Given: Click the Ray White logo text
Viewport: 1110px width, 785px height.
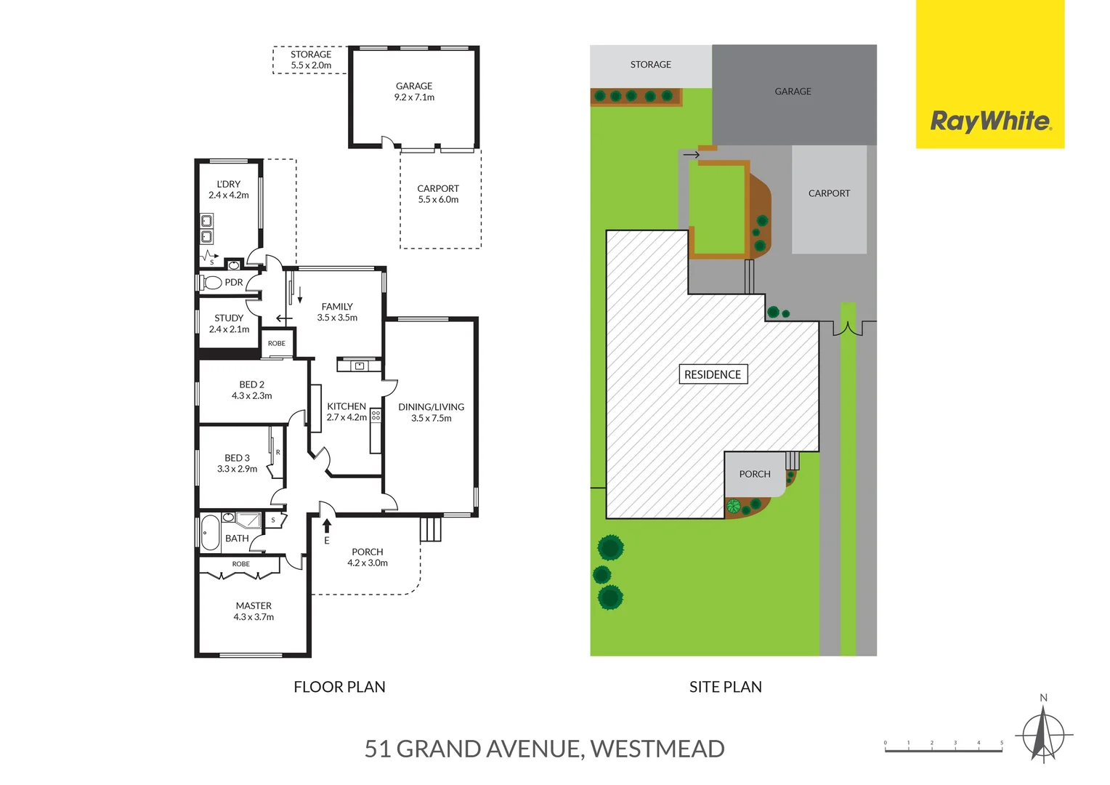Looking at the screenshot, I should (990, 121).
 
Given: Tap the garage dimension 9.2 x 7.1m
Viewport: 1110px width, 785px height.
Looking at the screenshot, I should (414, 97).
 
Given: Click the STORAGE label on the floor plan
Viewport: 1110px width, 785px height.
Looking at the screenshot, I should (311, 55).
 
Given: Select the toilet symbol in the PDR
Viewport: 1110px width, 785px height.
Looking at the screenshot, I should (212, 282).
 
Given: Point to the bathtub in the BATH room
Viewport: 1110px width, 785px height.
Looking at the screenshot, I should (210, 533).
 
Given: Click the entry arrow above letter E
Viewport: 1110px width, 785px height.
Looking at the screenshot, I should (327, 526).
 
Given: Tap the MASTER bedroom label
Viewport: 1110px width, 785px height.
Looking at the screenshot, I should (254, 605).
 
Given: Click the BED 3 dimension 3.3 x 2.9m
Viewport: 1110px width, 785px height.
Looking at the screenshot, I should (237, 469).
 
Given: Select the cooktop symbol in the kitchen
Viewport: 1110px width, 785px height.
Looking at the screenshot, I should (376, 416).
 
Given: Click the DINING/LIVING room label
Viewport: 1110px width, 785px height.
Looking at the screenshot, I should (431, 407).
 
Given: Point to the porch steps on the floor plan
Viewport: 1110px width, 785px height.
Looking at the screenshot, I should (430, 528).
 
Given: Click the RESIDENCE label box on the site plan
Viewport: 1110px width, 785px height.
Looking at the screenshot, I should (712, 374).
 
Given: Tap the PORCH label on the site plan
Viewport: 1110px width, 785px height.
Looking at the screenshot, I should (755, 474).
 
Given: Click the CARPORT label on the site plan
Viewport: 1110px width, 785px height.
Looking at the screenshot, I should (829, 193).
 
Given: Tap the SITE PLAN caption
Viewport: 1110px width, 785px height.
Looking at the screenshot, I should (725, 687).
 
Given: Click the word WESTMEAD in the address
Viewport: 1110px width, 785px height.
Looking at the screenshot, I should (657, 749).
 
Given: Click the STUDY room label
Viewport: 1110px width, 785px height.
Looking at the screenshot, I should (229, 318).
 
